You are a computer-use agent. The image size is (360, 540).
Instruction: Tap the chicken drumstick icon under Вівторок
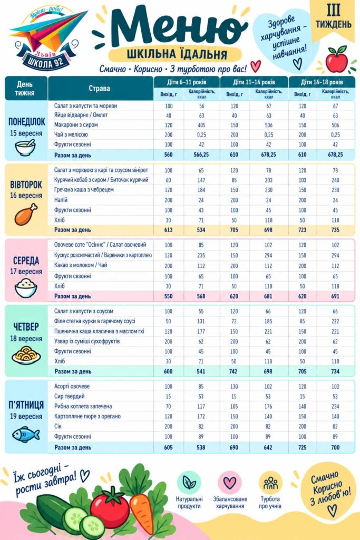pyautogui.click(x=26, y=214)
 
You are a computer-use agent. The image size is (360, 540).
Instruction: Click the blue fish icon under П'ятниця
pyautogui.click(x=26, y=435)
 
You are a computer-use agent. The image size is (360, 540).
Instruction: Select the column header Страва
pyautogui.click(x=100, y=88)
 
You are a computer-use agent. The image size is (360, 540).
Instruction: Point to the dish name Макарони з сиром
pyautogui.click(x=76, y=124)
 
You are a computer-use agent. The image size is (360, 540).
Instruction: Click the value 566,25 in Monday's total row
pyautogui.click(x=201, y=155)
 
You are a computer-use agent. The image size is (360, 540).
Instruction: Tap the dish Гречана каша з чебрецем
pyautogui.click(x=84, y=189)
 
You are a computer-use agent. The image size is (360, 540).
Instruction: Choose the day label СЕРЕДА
pyautogui.click(x=26, y=261)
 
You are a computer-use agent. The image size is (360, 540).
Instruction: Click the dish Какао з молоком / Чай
pyautogui.click(x=81, y=265)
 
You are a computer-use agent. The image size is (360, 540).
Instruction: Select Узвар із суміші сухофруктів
pyautogui.click(x=87, y=341)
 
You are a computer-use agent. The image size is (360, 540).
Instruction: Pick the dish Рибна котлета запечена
pyautogui.click(x=83, y=406)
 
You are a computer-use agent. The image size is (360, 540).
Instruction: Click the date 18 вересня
pyautogui.click(x=26, y=339)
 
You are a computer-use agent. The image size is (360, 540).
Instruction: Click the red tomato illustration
pyautogui.click(x=110, y=508)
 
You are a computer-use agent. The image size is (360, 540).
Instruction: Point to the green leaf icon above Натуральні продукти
pyautogui.click(x=189, y=483)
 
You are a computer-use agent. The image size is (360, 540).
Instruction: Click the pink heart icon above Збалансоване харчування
pyautogui.click(x=230, y=483)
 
